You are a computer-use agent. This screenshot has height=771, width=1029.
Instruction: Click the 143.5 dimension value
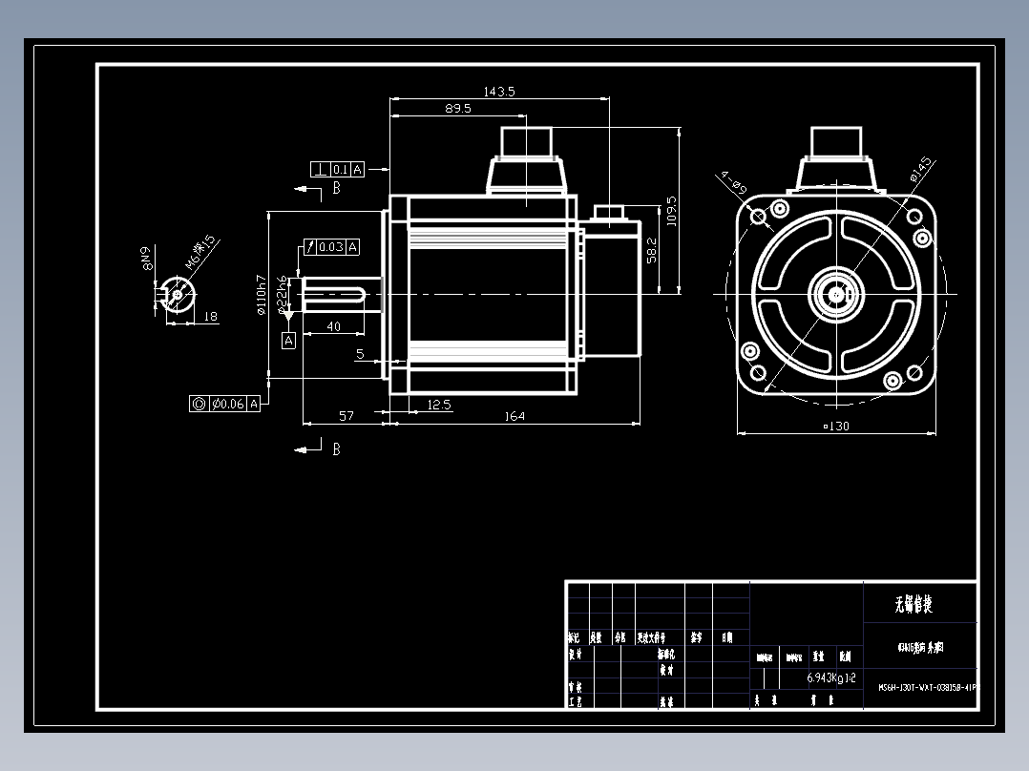tap(499, 92)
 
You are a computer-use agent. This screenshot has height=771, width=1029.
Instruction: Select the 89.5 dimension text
tap(457, 109)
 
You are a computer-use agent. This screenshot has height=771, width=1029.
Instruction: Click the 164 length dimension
tap(514, 416)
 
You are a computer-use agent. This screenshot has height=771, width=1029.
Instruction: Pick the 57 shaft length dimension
tap(346, 416)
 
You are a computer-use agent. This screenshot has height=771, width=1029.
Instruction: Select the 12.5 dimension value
tap(439, 406)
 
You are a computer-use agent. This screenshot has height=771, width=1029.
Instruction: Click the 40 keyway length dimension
tap(334, 326)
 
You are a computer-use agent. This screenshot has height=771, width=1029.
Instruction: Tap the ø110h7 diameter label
tap(260, 295)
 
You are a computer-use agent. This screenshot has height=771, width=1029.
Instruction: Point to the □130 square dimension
tap(836, 426)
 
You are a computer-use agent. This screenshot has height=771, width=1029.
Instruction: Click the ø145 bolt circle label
tap(920, 170)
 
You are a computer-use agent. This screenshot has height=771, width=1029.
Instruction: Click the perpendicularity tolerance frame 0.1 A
tap(338, 170)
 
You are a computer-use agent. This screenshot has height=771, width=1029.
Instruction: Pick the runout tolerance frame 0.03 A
tap(331, 247)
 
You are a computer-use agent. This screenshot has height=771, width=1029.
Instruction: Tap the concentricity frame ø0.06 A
tap(225, 404)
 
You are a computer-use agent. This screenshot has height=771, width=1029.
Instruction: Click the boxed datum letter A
tap(288, 340)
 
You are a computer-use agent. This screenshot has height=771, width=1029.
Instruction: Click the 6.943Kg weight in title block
tap(824, 677)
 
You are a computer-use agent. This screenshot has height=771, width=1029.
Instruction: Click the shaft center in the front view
tap(837, 294)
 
